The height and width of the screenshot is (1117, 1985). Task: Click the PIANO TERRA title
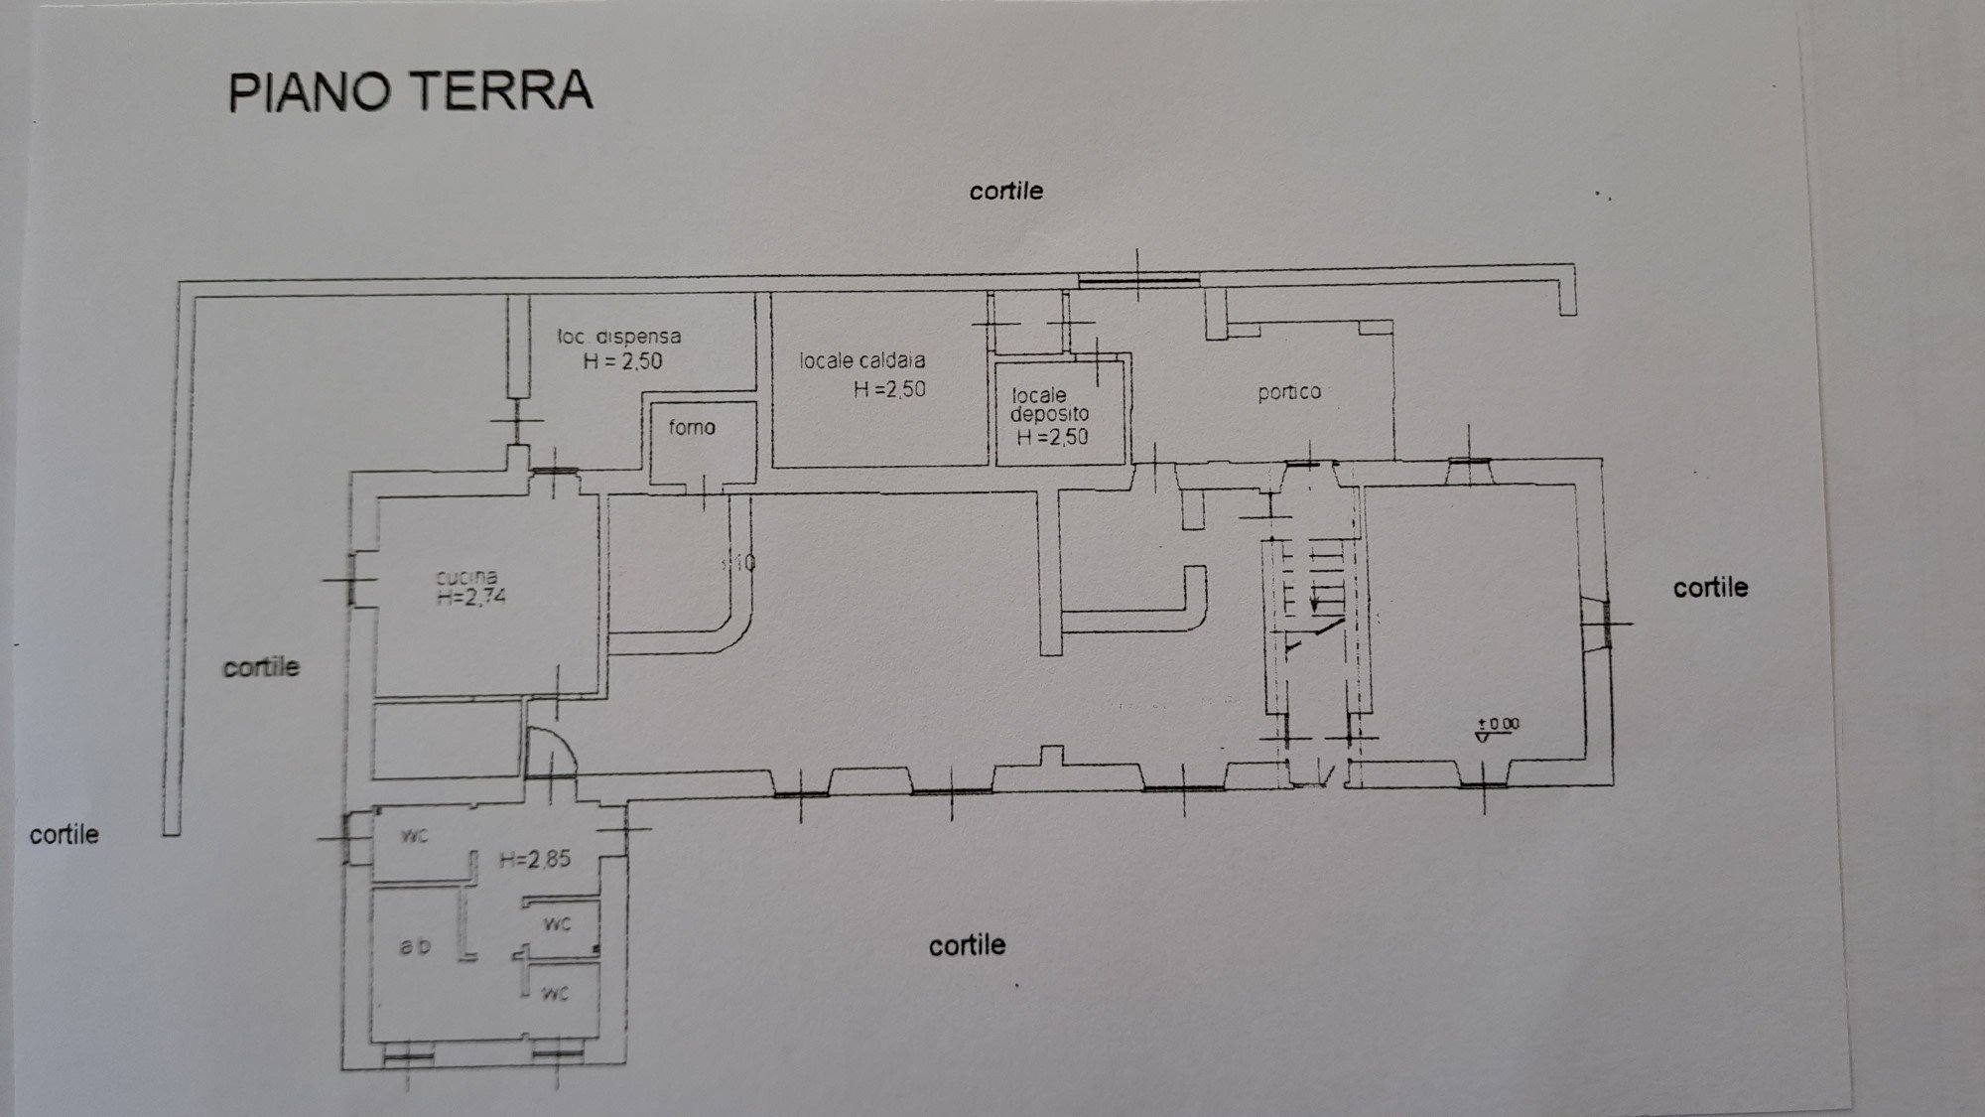[x=410, y=91]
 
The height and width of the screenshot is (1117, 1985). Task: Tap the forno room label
[x=692, y=428]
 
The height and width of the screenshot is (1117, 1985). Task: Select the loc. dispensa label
[x=619, y=338]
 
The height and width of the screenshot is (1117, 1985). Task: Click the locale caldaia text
[x=862, y=361]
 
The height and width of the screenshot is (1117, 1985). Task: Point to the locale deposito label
[x=1048, y=404]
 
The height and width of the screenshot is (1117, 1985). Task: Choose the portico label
[x=1289, y=392]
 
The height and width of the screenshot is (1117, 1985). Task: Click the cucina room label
[x=466, y=577]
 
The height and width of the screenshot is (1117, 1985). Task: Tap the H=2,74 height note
[x=471, y=598]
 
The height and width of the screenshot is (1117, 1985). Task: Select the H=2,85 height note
[x=535, y=860]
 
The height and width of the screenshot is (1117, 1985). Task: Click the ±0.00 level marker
[x=1498, y=726]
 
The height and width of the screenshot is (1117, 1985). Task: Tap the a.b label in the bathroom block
[x=415, y=946]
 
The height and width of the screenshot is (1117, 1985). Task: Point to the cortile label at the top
[x=1005, y=191]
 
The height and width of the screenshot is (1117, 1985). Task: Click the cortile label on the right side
[x=1710, y=588]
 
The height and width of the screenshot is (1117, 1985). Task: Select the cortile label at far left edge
[x=65, y=834]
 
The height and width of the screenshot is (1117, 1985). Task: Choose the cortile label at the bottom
[x=967, y=945]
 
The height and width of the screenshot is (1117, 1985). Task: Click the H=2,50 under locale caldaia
[x=889, y=390]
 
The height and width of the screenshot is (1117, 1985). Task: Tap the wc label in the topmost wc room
[x=414, y=836]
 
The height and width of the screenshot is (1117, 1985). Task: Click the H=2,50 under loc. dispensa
[x=622, y=361]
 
